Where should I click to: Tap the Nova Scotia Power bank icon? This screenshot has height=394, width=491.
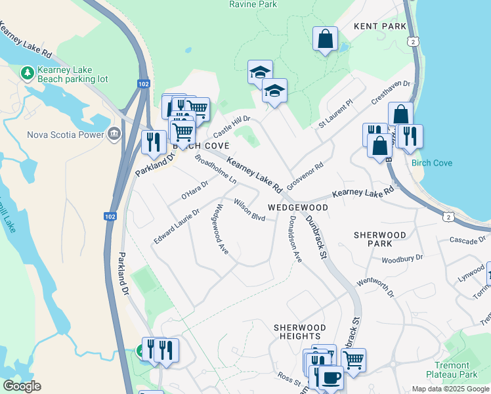[x=114, y=135]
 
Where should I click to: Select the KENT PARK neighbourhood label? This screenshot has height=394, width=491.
[x=380, y=26]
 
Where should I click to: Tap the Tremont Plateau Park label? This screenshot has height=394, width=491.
[x=451, y=370]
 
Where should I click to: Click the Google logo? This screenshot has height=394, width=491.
[x=22, y=386]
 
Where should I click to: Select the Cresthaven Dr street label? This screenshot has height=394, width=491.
[x=390, y=93]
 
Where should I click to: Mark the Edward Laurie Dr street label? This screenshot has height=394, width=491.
[x=177, y=227]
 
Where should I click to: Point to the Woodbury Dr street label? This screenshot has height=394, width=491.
[x=402, y=259]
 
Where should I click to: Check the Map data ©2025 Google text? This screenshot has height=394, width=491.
[x=449, y=389]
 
